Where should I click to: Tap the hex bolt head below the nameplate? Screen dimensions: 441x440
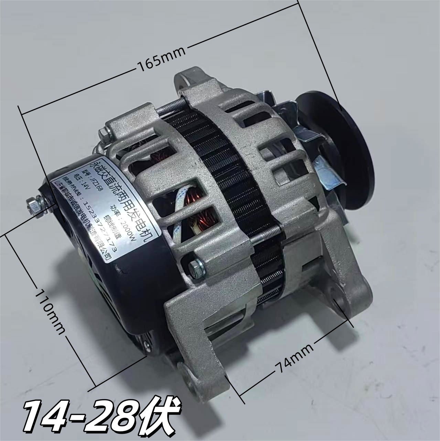pos(196,268)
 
